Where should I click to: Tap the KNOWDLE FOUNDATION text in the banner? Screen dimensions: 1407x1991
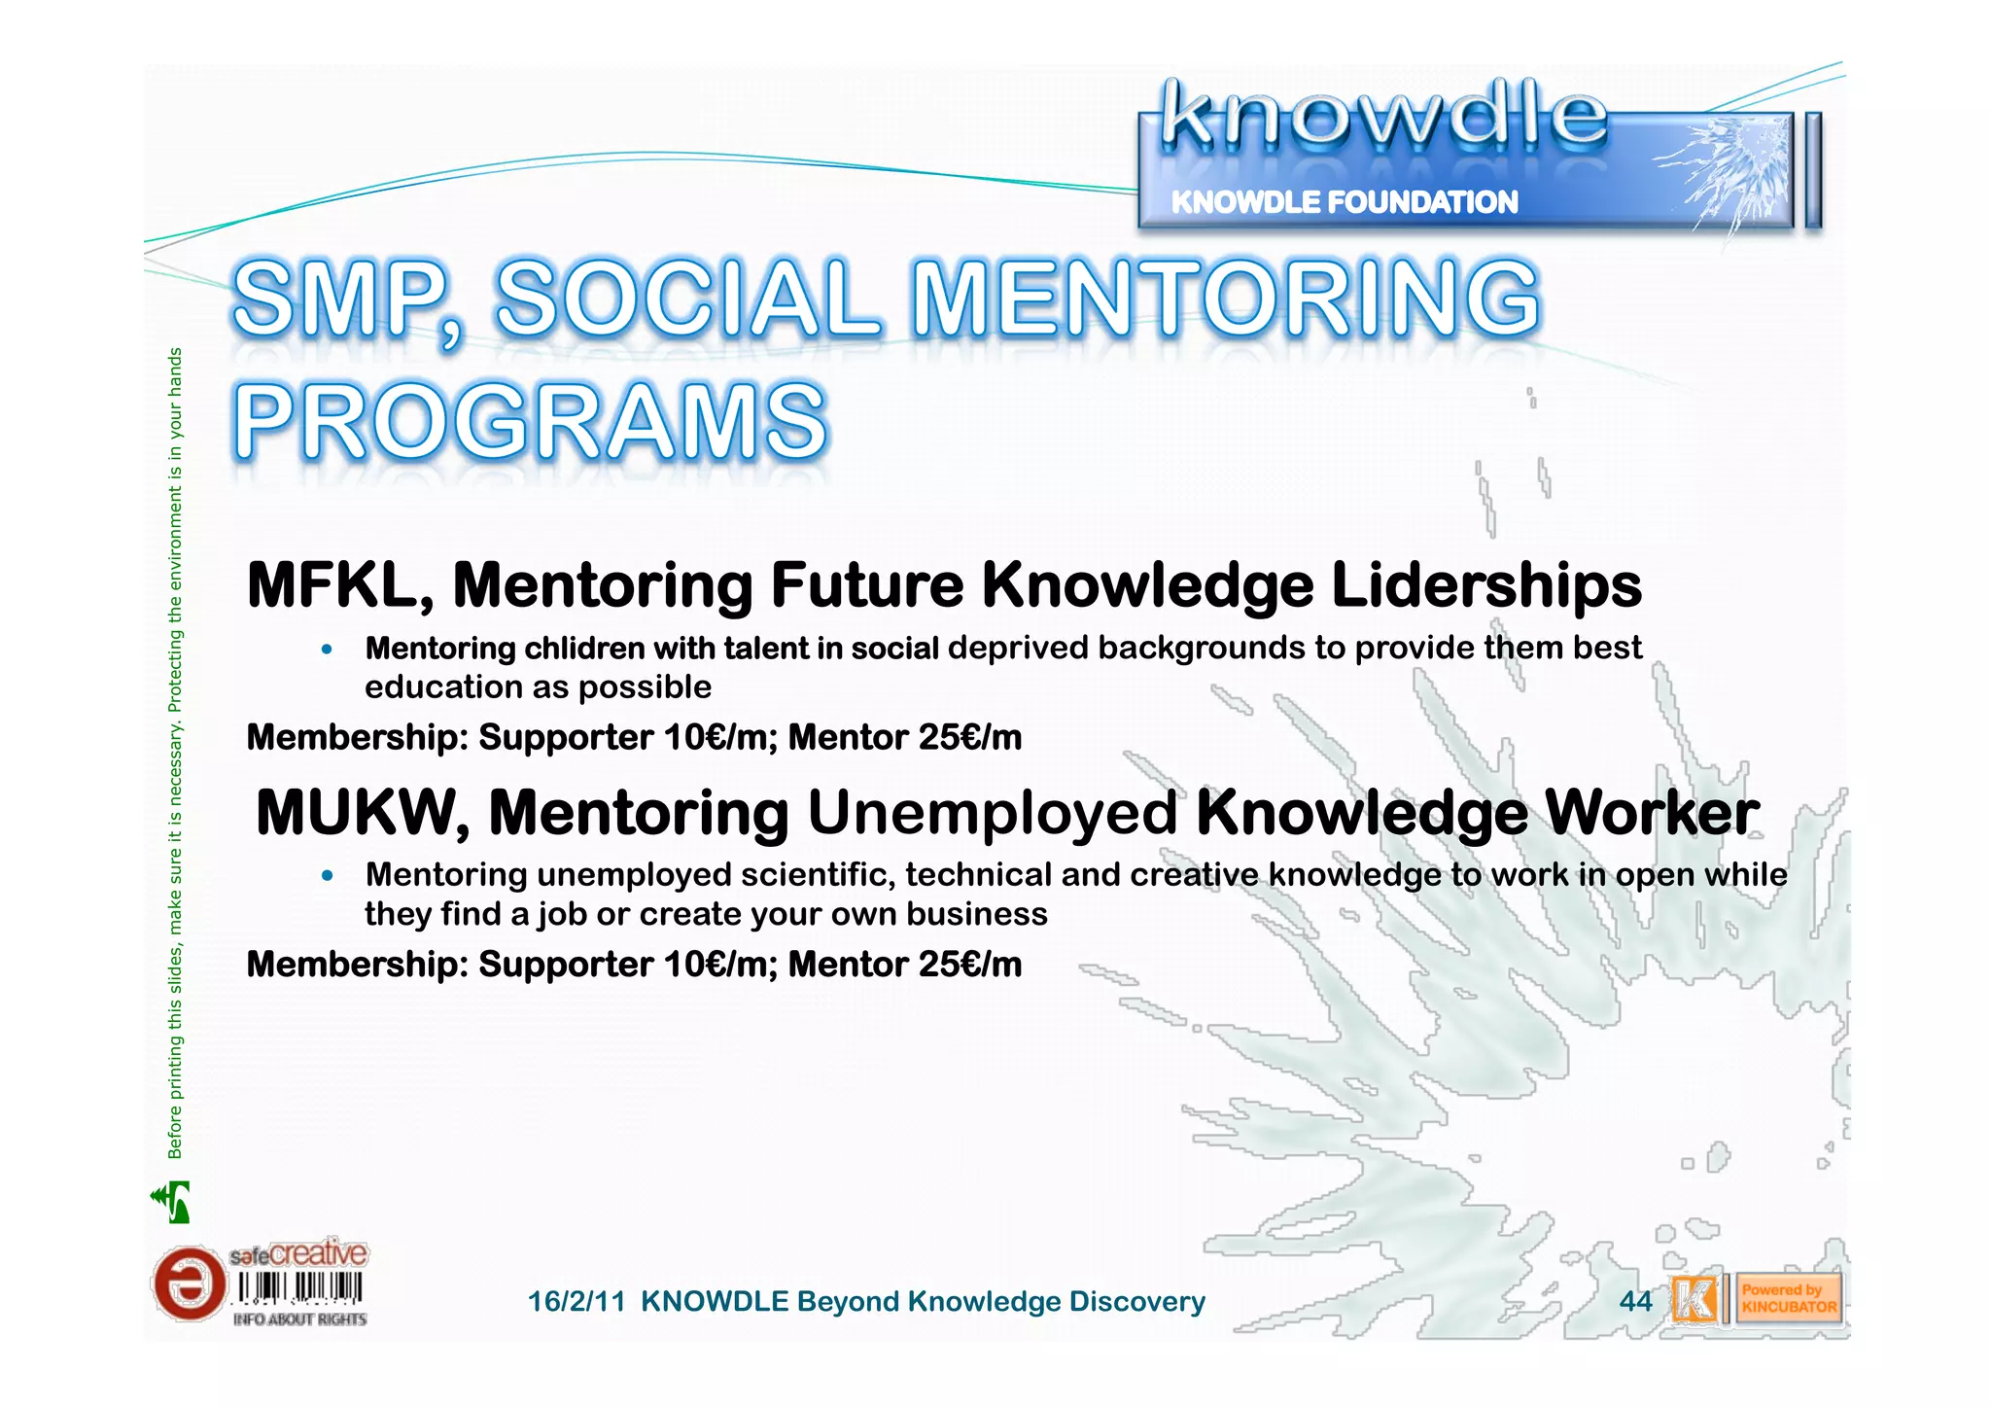click(x=1344, y=202)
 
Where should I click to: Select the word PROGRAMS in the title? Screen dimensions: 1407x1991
click(x=530, y=421)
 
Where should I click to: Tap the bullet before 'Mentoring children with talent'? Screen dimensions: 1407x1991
click(x=328, y=649)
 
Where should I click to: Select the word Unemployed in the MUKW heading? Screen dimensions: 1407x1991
click(x=992, y=813)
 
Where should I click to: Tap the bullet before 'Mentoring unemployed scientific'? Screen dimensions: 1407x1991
click(x=328, y=876)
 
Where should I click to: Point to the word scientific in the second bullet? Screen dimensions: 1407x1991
click(x=817, y=875)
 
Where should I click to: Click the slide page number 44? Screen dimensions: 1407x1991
click(x=1635, y=1301)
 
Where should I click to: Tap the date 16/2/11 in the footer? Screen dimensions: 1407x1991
click(x=576, y=1302)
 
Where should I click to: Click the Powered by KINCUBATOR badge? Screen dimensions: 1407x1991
click(x=1788, y=1299)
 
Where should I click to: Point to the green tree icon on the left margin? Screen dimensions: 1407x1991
click(x=172, y=1202)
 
